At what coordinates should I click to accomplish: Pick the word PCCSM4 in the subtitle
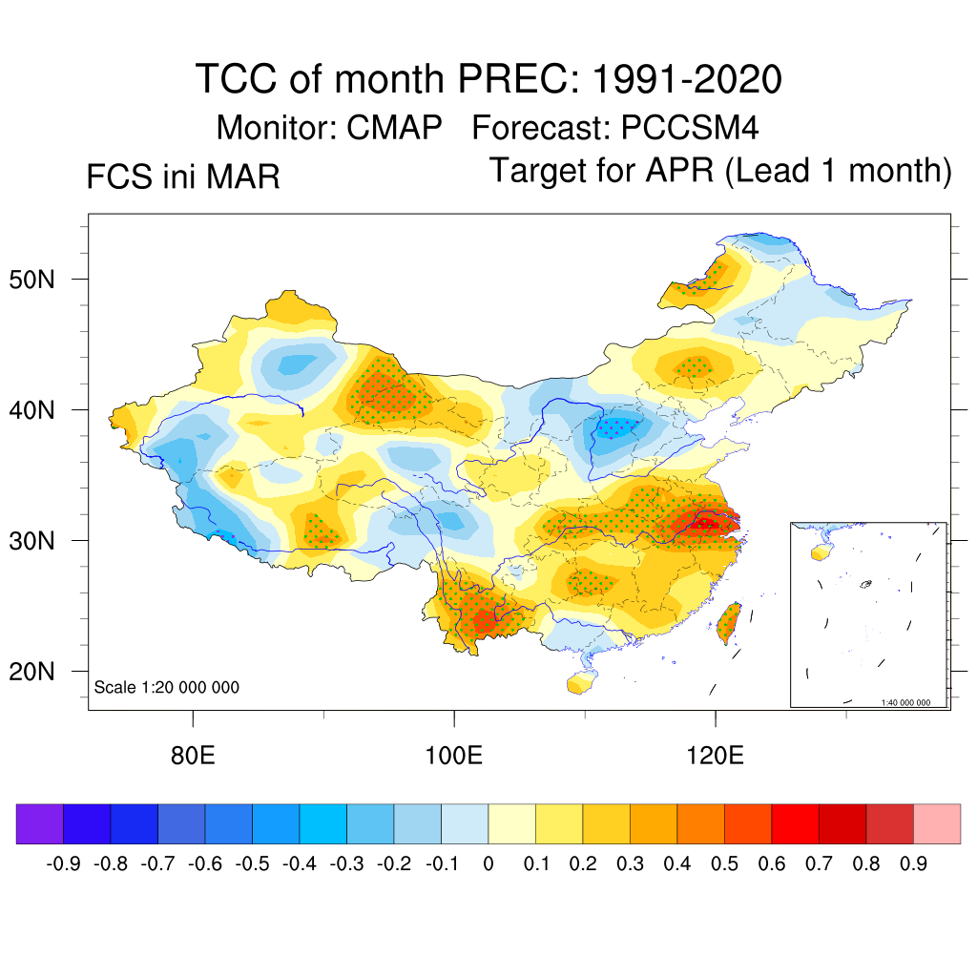(690, 127)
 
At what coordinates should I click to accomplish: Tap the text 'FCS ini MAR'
(183, 177)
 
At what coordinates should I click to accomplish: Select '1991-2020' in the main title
(687, 79)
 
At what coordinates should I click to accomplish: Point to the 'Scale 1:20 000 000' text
(167, 687)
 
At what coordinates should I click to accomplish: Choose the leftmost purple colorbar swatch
(40, 823)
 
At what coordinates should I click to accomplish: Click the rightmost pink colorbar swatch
(937, 823)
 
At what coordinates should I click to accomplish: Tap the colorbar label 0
(488, 864)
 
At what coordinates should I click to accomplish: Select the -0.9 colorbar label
(63, 864)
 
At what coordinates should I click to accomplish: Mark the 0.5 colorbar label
(724, 864)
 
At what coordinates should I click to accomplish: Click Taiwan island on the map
(730, 621)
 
